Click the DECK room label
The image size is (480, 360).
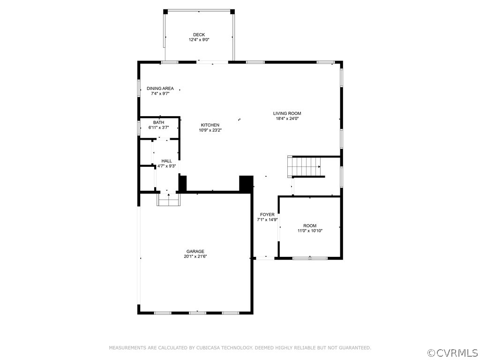199,35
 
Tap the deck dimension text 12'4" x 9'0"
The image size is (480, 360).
199,40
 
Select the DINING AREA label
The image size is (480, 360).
160,89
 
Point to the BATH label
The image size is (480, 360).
158,122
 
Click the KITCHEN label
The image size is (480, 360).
210,125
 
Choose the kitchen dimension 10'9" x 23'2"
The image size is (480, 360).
210,130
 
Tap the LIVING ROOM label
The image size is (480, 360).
287,113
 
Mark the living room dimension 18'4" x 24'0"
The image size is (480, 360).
287,119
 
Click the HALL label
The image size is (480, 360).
166,161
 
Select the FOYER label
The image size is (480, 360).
267,215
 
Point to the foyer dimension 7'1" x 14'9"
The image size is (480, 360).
267,220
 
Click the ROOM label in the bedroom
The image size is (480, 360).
310,225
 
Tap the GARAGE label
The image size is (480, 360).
195,251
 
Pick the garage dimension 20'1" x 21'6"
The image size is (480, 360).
195,256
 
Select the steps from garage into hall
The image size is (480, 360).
168,200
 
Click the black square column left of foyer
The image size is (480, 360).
246,183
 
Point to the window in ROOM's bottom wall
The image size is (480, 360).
310,258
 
